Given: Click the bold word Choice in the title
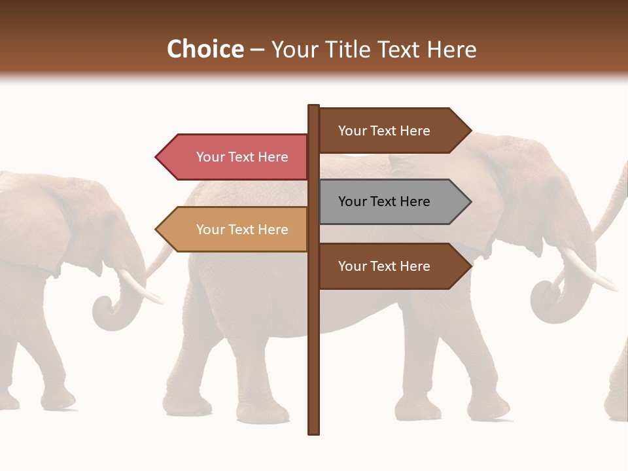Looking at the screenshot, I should [205, 49].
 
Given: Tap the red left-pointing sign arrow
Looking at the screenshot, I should [233, 157].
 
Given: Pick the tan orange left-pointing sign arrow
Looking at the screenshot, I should [233, 229].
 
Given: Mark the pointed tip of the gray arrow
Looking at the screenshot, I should [470, 201].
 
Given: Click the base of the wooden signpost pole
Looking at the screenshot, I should [314, 430].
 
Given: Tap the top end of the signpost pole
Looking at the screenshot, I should [314, 107].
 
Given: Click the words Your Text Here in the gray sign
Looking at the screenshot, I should [384, 201].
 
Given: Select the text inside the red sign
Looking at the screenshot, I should [242, 157].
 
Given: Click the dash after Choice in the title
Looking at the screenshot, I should [257, 50].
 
